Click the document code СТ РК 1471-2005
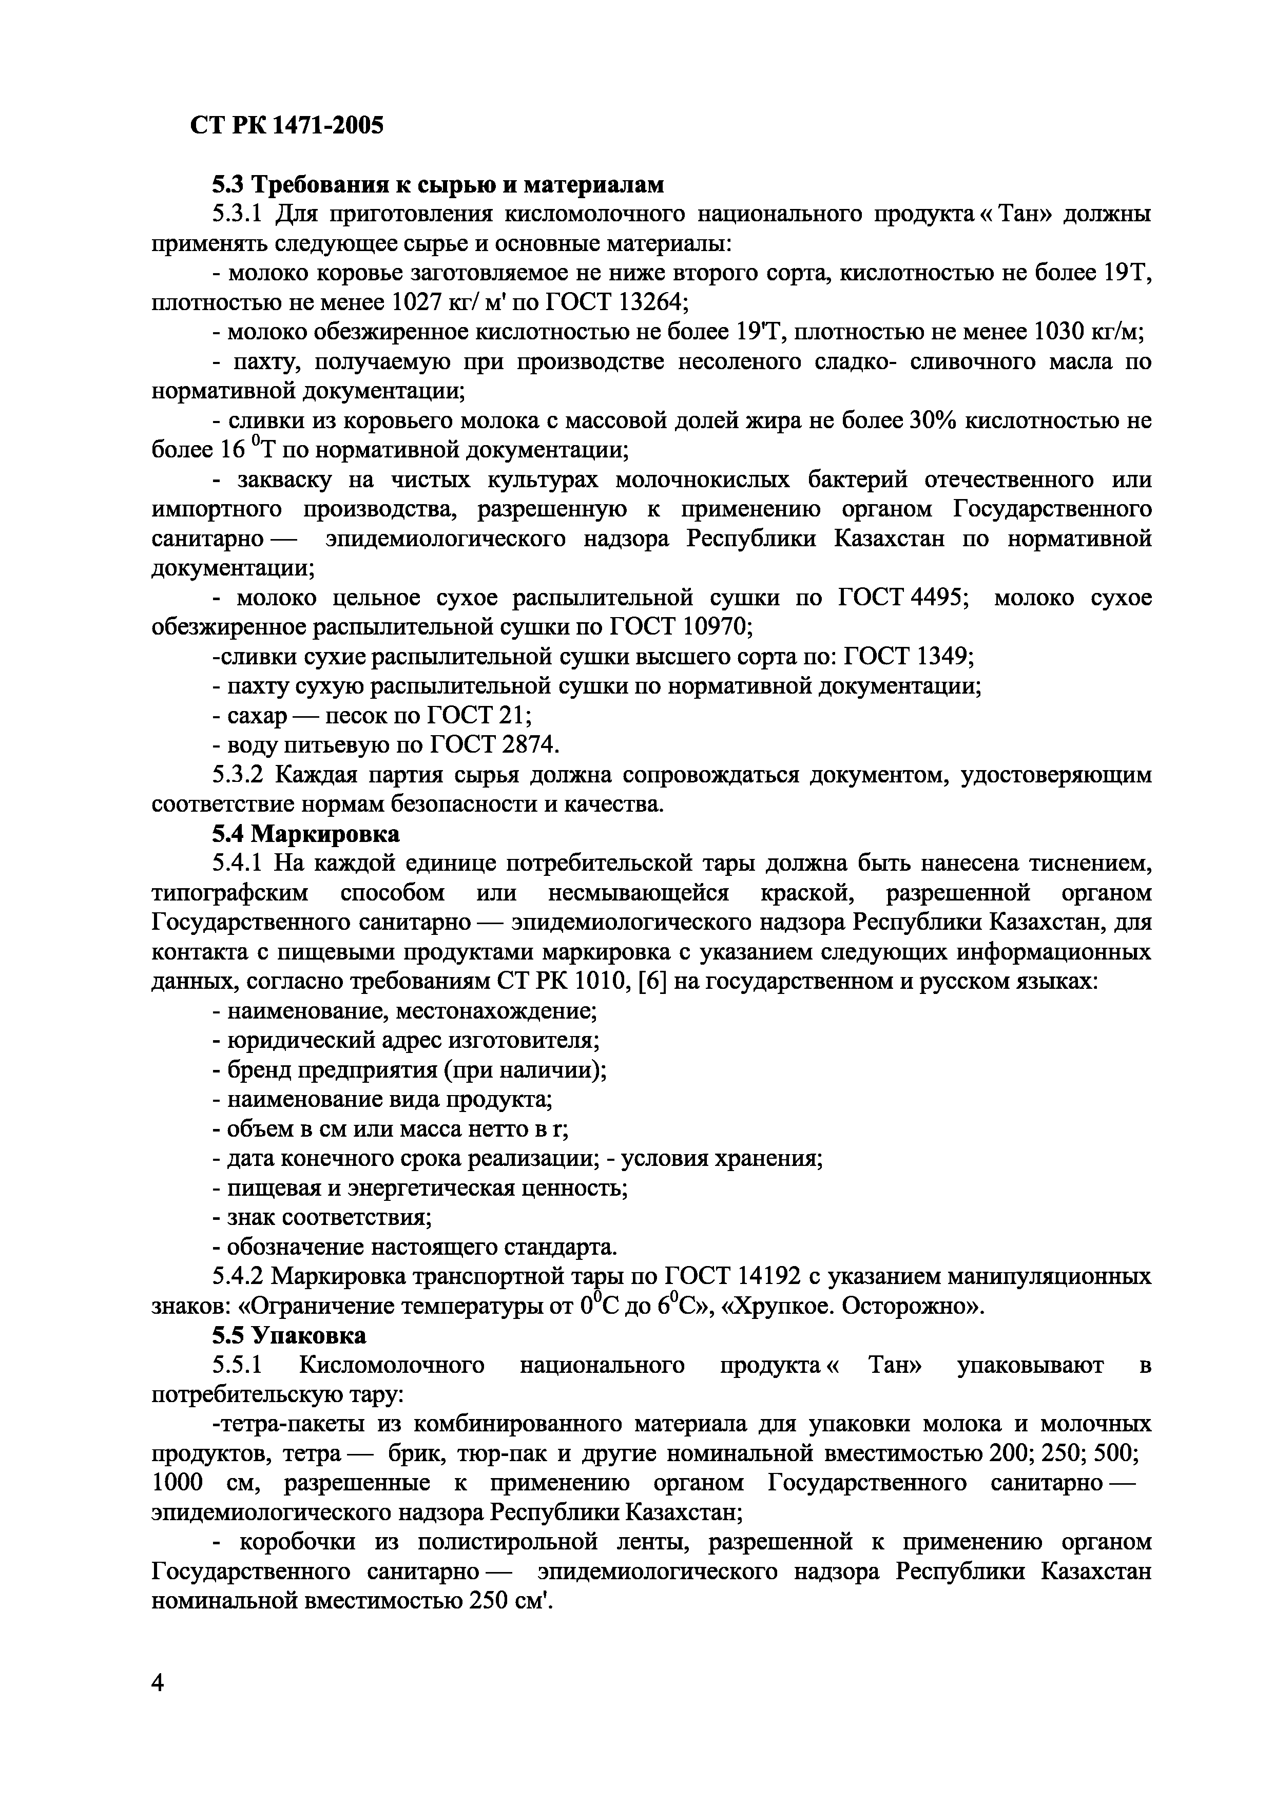coord(286,125)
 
